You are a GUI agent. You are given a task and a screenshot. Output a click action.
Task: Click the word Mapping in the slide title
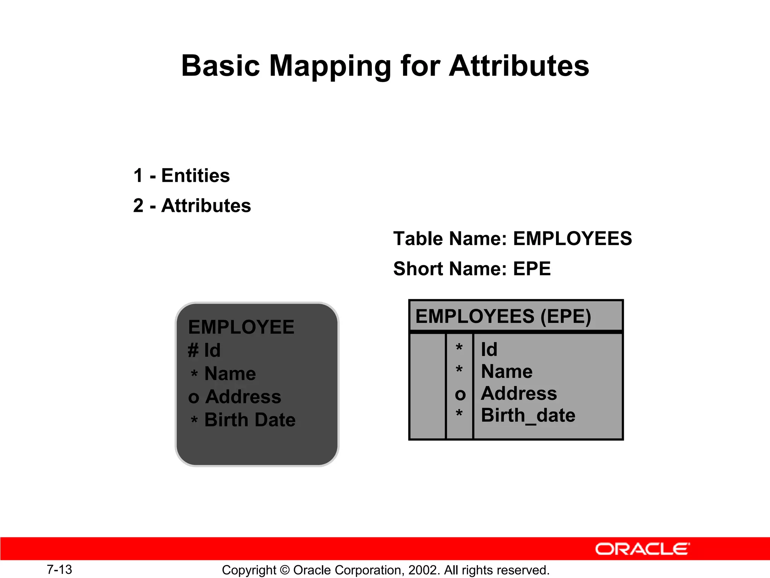pos(330,66)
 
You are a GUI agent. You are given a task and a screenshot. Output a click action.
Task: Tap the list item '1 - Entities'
pos(182,176)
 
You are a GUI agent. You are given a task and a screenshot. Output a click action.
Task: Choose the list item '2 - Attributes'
pos(192,206)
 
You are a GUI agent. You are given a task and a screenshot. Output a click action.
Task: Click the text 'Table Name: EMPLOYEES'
pos(512,239)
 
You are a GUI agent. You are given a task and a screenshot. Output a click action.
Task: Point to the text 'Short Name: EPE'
pos(472,269)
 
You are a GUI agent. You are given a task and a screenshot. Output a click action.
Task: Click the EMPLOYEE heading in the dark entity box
pos(241,327)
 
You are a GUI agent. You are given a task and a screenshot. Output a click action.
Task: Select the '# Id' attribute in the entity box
pos(204,350)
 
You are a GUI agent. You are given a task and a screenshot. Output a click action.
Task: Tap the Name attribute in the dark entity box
pos(230,374)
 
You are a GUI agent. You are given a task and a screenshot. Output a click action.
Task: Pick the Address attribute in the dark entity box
pos(243,397)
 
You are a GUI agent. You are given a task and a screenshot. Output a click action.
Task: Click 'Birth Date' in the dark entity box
pos(250,420)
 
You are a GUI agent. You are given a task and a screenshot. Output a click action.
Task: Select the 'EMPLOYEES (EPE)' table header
pos(503,316)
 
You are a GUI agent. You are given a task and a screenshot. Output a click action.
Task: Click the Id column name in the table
pos(489,350)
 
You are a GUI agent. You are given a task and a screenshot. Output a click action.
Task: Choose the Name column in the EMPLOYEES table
pos(507,371)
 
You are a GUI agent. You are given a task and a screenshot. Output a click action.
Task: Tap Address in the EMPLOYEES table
pos(519,393)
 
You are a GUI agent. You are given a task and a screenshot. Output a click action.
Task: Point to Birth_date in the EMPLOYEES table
pos(528,415)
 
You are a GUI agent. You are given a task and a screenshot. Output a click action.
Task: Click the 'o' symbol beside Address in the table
pos(460,394)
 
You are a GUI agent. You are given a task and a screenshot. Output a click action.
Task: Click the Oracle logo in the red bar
pos(642,549)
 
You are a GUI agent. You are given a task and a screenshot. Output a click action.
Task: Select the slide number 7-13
pos(59,569)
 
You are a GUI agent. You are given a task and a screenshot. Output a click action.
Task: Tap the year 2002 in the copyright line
pos(423,570)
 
